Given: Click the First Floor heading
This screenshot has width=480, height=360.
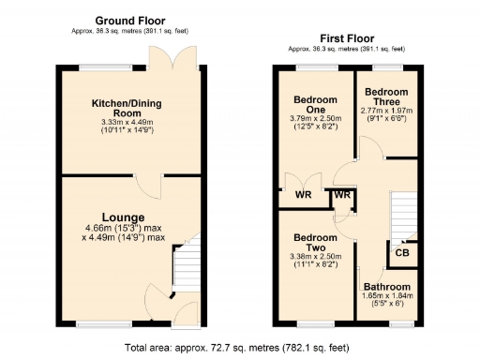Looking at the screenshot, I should pyautogui.click(x=346, y=37).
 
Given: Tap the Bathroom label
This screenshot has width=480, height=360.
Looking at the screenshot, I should pyautogui.click(x=387, y=287).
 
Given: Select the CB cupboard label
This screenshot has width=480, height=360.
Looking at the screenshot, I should pyautogui.click(x=402, y=253).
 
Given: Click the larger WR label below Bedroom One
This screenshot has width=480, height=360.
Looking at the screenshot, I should pyautogui.click(x=302, y=195).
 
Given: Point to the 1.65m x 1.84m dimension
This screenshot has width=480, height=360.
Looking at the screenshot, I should pyautogui.click(x=387, y=297).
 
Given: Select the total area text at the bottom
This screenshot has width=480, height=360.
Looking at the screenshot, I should pyautogui.click(x=240, y=347).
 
